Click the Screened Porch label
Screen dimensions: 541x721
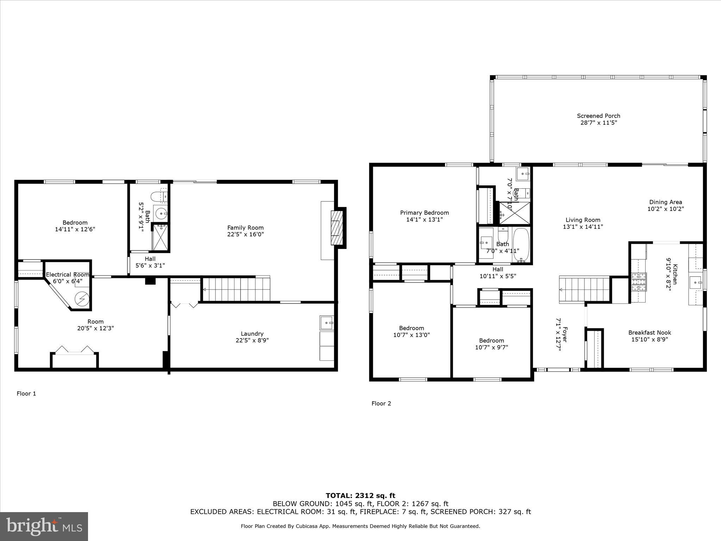(598, 116)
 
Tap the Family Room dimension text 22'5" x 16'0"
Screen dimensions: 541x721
(245, 234)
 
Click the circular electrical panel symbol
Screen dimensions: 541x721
(82, 299)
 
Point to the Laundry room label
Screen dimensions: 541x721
(252, 334)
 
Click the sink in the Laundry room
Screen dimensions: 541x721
(327, 323)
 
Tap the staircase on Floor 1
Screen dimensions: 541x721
(236, 289)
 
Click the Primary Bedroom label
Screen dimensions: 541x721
(424, 213)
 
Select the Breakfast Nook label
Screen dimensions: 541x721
(650, 332)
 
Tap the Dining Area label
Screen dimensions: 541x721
(665, 202)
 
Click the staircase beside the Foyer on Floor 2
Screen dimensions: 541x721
(584, 290)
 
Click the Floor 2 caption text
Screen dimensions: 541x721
(381, 403)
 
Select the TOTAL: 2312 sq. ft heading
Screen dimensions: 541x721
(360, 496)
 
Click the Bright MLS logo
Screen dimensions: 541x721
(44, 526)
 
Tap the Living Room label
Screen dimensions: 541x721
(583, 220)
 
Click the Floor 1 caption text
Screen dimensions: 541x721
(26, 393)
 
